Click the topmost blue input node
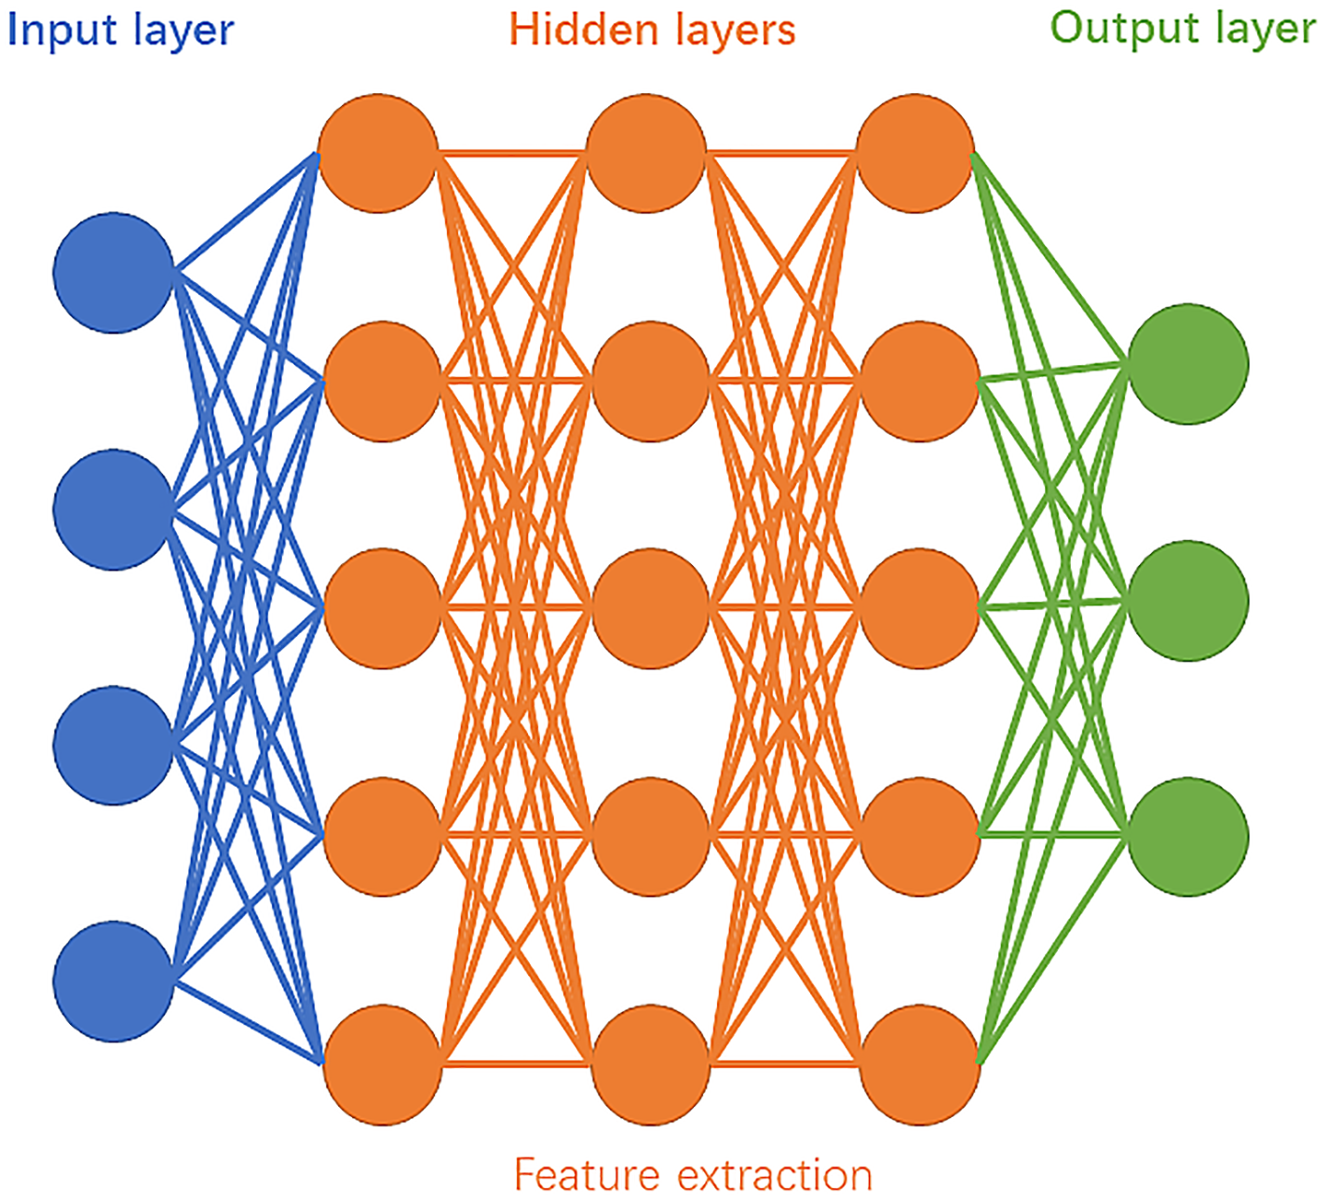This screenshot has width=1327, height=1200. [x=114, y=273]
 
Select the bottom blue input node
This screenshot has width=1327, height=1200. [x=114, y=981]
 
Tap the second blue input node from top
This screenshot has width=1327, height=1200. [x=114, y=509]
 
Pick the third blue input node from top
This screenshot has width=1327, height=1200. [x=114, y=745]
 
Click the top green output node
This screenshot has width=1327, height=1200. [x=1187, y=363]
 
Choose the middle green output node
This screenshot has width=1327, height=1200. [x=1187, y=600]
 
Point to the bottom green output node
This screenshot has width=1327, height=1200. [x=1187, y=836]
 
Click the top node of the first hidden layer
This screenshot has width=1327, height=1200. [x=378, y=154]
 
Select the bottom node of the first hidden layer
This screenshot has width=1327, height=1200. [x=382, y=1064]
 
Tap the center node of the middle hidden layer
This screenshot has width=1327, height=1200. [x=650, y=608]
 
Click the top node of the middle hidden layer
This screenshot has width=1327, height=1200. [x=646, y=154]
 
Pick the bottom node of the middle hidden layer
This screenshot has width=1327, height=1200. [x=650, y=1064]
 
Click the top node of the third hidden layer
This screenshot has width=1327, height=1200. [x=914, y=154]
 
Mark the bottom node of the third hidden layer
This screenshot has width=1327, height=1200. [x=919, y=1064]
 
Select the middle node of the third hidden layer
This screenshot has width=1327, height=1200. [x=919, y=608]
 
